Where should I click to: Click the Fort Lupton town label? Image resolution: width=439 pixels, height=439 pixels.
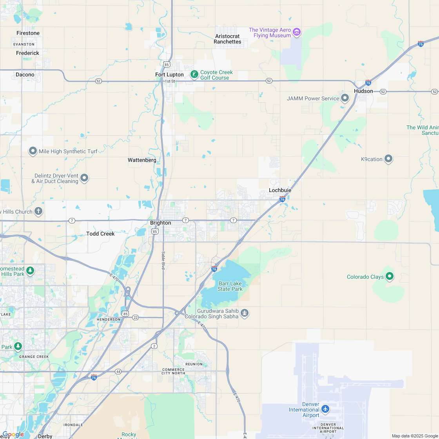coord(169,74)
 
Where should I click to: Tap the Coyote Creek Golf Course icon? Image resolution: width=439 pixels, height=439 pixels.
coord(194,74)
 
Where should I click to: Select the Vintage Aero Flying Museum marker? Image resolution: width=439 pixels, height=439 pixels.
coord(297,32)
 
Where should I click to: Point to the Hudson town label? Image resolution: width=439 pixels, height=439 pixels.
coord(363,91)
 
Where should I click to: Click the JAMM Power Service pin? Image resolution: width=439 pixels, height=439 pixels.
coord(345,98)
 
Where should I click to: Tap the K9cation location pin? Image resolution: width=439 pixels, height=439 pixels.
coord(388,159)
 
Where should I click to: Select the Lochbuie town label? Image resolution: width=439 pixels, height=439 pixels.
coord(280,190)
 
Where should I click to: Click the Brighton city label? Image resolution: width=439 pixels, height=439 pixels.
coord(161,223)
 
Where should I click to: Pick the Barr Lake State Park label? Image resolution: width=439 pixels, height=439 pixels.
coord(230,286)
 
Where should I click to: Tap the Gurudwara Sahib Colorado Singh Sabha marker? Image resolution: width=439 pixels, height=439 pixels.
coord(245,313)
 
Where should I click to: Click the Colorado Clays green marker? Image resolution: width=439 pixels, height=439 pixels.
coord(390,277)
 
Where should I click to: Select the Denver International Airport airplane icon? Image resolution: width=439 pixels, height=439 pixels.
coord(325,409)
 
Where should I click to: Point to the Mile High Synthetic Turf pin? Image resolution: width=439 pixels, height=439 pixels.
coord(33,151)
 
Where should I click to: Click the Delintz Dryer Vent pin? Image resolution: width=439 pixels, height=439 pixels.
coord(84,179)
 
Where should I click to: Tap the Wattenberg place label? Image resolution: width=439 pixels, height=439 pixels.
coord(142,160)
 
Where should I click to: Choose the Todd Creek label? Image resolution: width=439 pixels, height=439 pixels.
coord(100,234)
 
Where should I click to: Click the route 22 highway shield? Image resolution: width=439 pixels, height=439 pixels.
coord(135,317)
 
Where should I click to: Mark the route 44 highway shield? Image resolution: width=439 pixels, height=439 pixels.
coord(118,371)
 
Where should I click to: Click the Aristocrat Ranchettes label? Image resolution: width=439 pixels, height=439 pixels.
coord(227,39)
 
